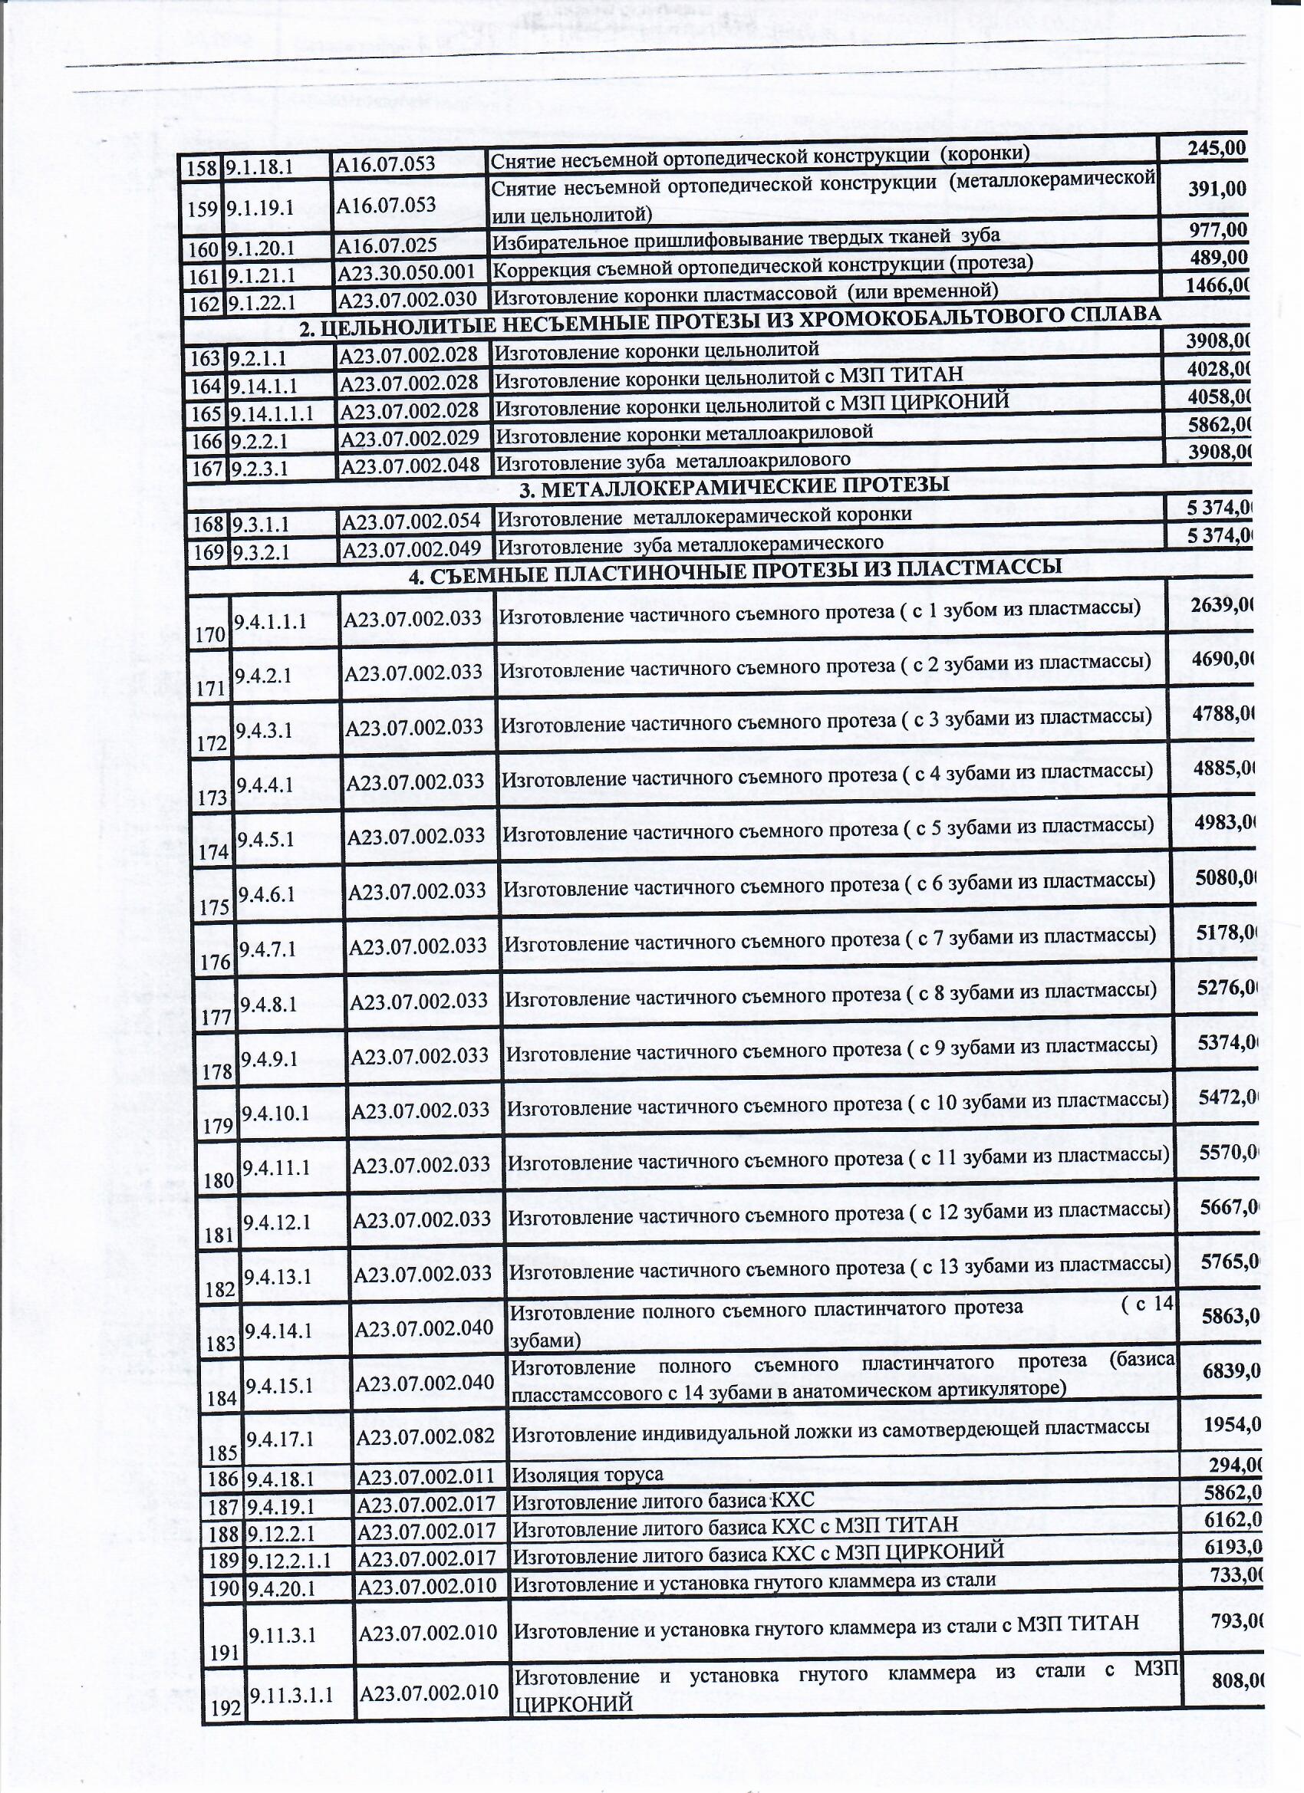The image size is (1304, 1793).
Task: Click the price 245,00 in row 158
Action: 1216,148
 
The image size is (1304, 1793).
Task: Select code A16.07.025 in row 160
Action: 387,246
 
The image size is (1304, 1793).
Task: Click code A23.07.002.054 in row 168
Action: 410,521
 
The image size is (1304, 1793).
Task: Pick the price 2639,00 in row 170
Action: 1223,604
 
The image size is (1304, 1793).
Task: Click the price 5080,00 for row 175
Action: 1226,877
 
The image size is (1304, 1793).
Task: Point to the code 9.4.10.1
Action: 276,1112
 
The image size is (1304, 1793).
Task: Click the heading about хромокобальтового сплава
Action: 729,321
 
